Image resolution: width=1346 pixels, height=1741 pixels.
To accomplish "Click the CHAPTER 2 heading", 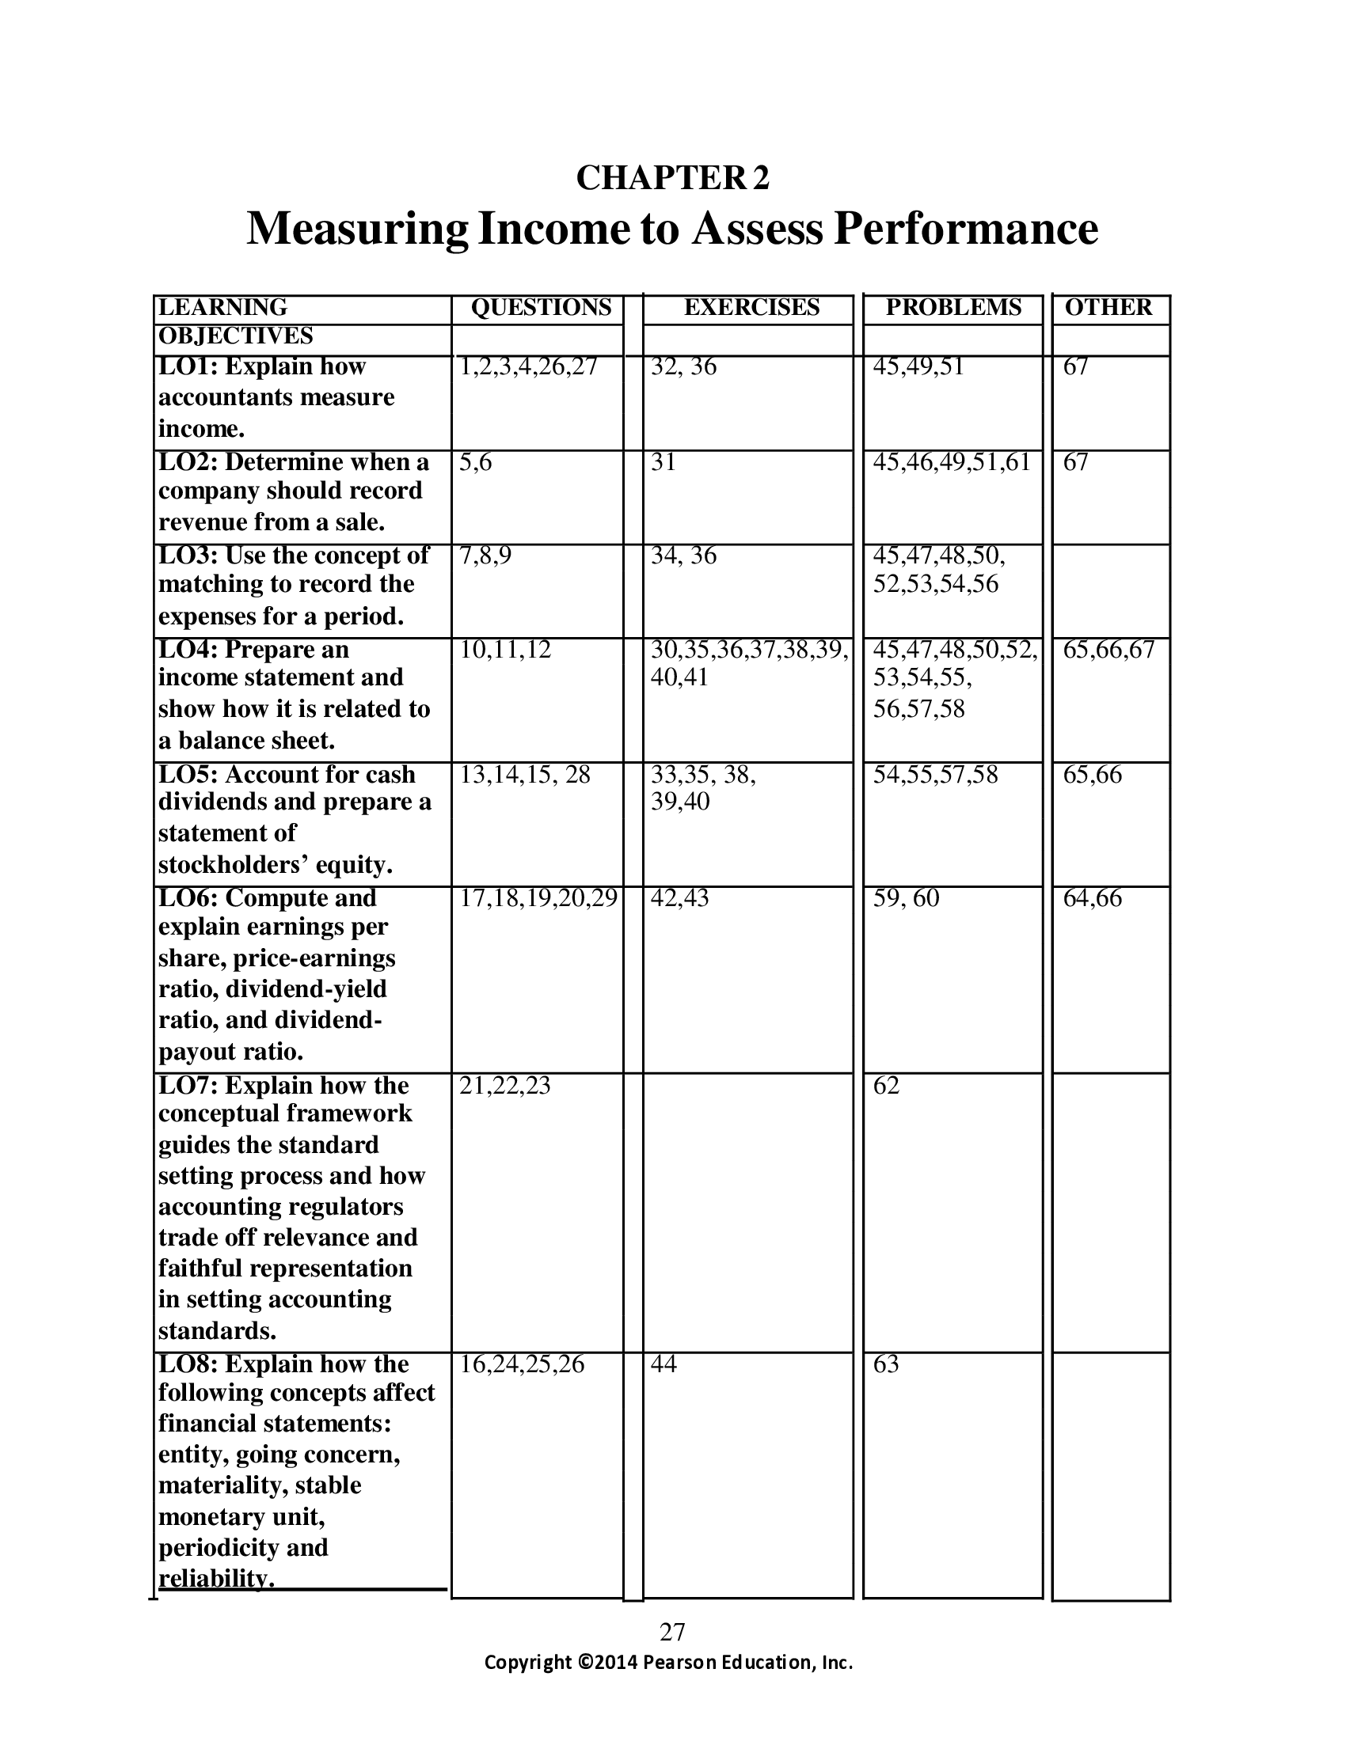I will click(672, 178).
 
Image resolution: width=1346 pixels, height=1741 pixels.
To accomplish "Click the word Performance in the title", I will click(966, 229).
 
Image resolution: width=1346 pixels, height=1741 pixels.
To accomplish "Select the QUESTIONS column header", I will click(542, 308).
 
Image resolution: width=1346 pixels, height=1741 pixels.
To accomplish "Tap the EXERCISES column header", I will click(751, 308).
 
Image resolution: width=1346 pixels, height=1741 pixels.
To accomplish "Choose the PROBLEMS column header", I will click(952, 308).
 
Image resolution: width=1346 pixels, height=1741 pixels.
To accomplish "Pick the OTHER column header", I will click(1108, 308).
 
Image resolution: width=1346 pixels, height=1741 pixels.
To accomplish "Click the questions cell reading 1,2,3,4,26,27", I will click(528, 366).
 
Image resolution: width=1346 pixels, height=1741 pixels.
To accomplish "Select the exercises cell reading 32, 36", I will click(683, 366).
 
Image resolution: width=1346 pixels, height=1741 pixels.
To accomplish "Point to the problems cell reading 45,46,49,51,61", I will click(951, 462).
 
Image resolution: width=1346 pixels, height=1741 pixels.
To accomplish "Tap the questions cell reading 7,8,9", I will click(485, 556).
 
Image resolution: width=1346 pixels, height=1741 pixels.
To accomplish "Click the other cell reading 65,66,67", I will click(1108, 650).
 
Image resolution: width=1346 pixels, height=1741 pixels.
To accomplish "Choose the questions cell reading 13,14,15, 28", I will click(525, 775).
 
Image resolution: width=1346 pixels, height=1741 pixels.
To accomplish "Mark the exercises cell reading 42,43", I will click(679, 898).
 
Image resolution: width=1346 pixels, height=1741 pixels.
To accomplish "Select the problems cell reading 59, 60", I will click(906, 898).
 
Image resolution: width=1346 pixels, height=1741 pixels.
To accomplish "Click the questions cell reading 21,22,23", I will click(505, 1086).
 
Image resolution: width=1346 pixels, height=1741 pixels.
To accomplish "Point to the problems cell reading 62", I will click(886, 1086).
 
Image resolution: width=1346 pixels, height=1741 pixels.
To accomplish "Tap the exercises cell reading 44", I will click(663, 1365).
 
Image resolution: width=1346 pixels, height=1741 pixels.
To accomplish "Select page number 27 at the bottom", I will click(672, 1633).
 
